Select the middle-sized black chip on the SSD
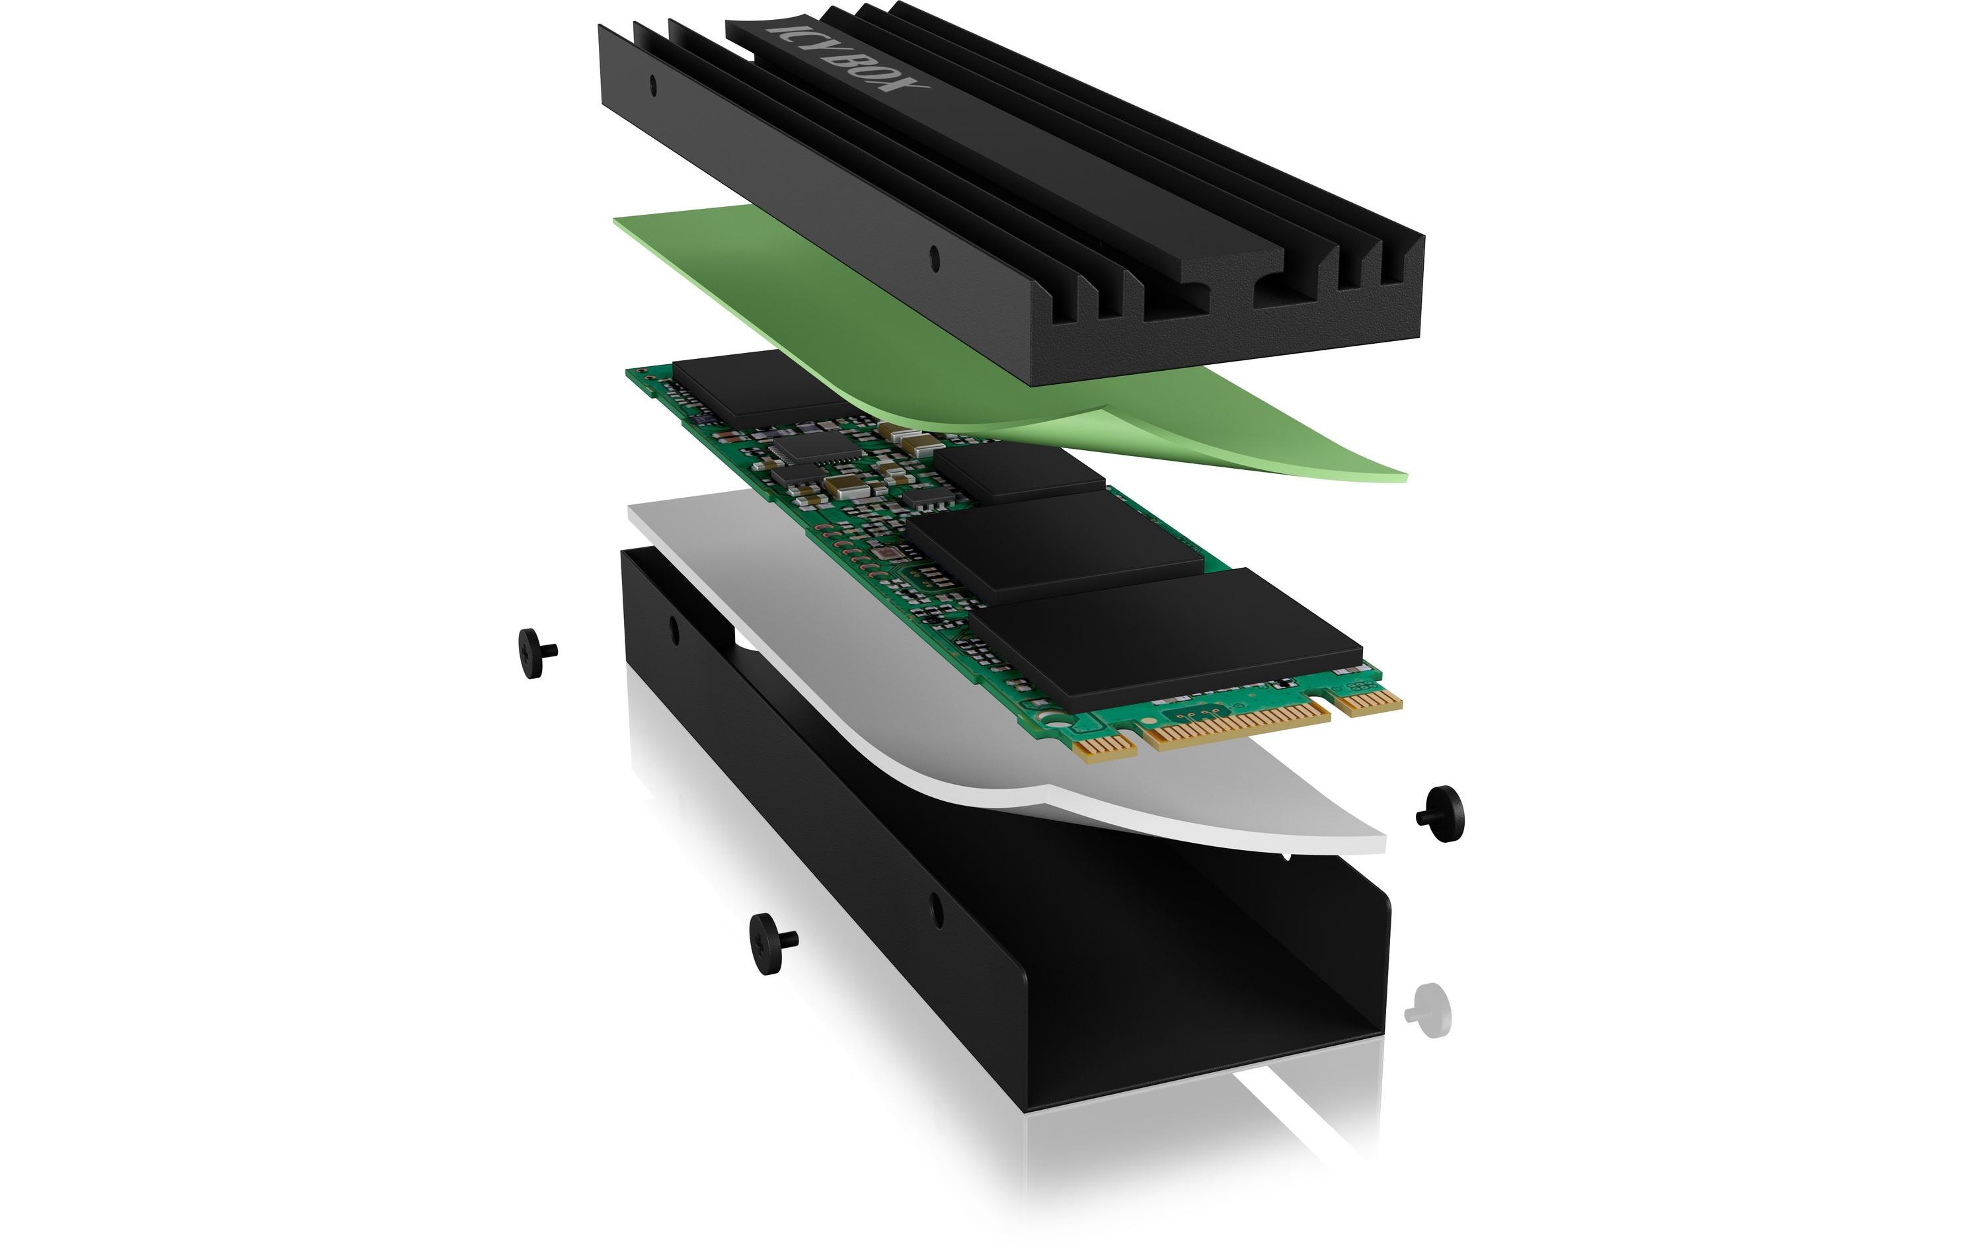pos(1055,549)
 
